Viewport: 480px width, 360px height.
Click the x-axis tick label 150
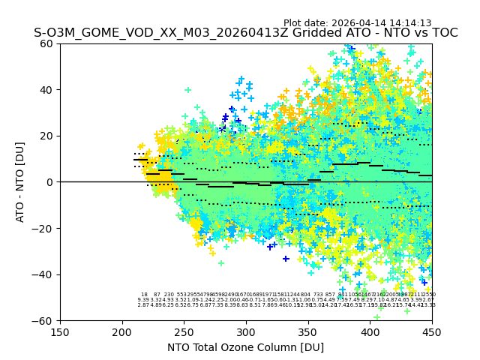click(x=60, y=331)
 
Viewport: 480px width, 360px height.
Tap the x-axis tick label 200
click(x=122, y=331)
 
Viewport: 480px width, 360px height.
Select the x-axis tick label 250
click(x=184, y=331)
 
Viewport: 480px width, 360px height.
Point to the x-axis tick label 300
click(x=246, y=331)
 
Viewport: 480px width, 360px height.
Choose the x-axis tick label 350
click(x=308, y=331)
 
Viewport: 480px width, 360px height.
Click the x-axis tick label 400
click(x=370, y=331)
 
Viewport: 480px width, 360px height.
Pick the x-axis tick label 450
click(x=432, y=331)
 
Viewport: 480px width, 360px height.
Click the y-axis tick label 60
click(x=47, y=43)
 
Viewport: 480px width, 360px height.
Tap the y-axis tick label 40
click(x=47, y=90)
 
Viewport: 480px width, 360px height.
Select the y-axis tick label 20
click(x=47, y=136)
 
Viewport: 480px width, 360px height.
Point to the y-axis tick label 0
click(x=50, y=182)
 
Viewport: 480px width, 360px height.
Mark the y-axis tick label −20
click(x=43, y=228)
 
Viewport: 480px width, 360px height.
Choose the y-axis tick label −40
click(x=43, y=274)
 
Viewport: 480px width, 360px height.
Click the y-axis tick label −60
click(x=43, y=320)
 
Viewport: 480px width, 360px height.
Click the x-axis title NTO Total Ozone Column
click(x=246, y=347)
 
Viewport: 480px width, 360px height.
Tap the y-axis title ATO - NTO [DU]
click(x=21, y=182)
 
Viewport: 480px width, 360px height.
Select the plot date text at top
click(x=357, y=23)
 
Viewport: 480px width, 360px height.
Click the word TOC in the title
click(x=443, y=34)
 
